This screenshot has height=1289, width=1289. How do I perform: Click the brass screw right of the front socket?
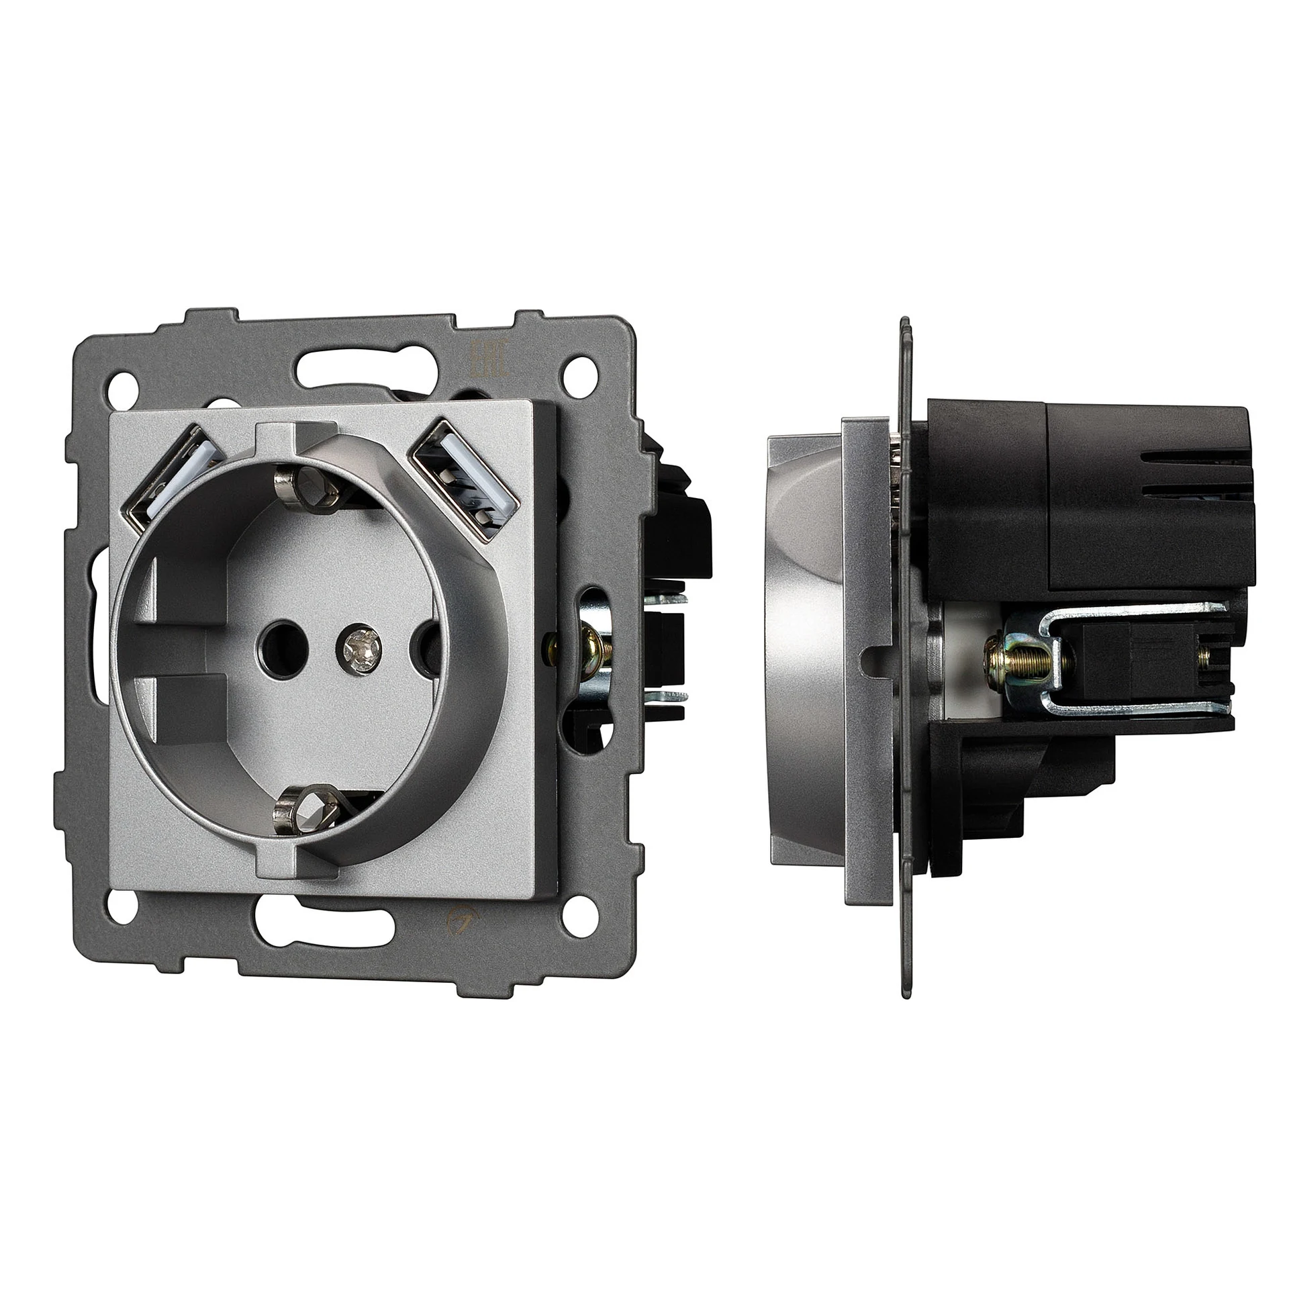tap(591, 649)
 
